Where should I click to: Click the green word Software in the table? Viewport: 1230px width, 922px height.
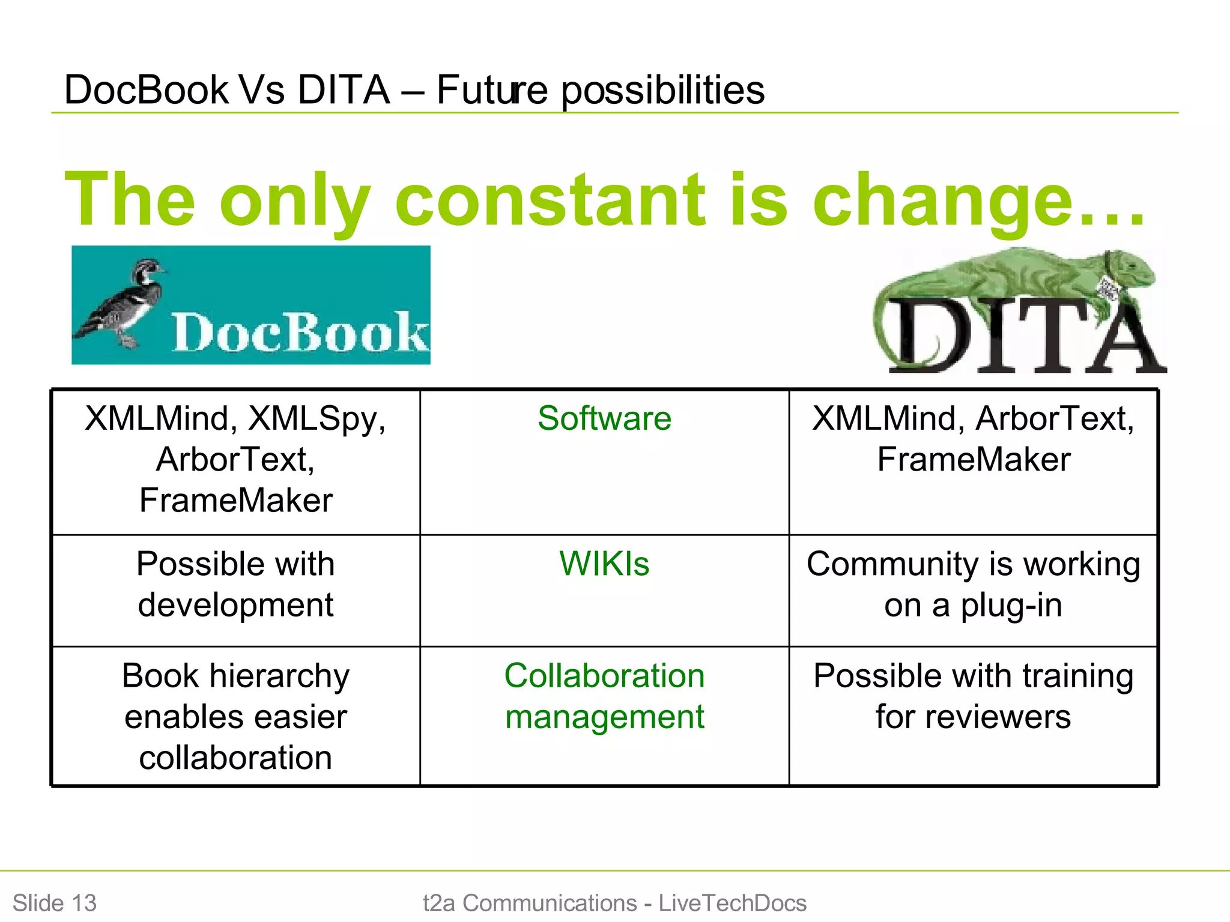[x=604, y=418]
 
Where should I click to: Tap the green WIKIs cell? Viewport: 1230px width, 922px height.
[x=604, y=564]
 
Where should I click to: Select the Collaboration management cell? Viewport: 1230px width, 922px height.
[x=604, y=696]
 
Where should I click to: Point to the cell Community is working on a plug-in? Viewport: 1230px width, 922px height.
[x=973, y=584]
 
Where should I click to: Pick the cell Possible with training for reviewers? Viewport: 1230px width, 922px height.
[x=973, y=696]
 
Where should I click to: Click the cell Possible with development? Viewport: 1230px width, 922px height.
[x=235, y=584]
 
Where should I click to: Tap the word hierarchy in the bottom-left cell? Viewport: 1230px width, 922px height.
[x=279, y=676]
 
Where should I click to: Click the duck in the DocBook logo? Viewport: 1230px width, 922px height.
[x=129, y=300]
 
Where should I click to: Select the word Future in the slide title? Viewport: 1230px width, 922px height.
[x=491, y=90]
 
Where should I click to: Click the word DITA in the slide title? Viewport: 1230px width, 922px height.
[x=344, y=90]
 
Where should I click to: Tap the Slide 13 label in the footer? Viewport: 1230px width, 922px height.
[x=54, y=903]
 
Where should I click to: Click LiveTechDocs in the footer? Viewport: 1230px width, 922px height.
[x=732, y=903]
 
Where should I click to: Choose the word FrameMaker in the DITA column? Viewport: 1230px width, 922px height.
[x=973, y=460]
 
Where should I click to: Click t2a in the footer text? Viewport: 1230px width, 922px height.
[x=438, y=903]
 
